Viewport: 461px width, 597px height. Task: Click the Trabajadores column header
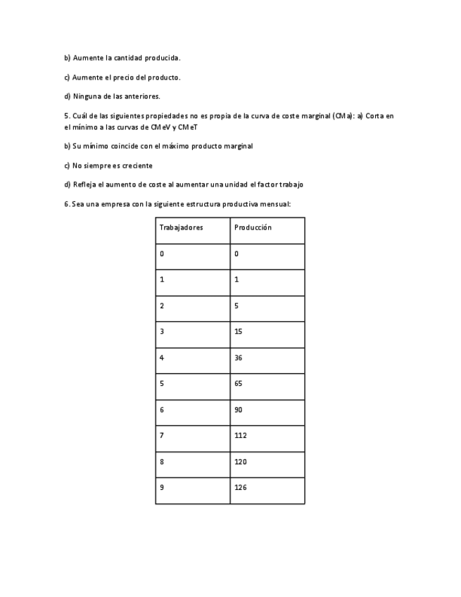(182, 228)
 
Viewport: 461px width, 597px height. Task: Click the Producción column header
(253, 228)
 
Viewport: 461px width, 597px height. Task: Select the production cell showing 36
(239, 358)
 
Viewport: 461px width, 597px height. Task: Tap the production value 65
(239, 384)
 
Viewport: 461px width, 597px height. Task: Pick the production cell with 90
(239, 410)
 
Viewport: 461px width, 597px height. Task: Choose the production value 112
(241, 436)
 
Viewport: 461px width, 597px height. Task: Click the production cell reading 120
(241, 462)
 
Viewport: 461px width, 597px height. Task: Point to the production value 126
(241, 487)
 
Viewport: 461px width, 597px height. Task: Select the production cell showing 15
(239, 332)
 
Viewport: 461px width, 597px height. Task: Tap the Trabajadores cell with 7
(162, 436)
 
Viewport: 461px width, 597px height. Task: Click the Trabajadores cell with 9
(162, 487)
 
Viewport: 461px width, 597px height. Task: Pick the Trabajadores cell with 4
(162, 358)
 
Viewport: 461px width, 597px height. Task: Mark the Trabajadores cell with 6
(162, 410)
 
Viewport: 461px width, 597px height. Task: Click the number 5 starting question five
(65, 115)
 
